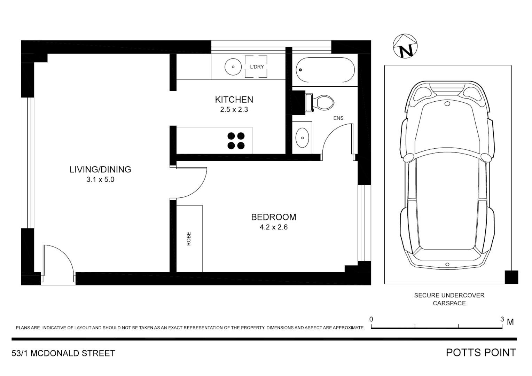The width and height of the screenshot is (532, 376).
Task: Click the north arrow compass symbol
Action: click(x=405, y=46)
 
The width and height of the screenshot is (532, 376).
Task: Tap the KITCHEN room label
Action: click(x=234, y=100)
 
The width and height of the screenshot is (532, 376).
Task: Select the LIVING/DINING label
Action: click(x=100, y=170)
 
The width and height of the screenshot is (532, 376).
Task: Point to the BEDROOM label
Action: click(x=274, y=217)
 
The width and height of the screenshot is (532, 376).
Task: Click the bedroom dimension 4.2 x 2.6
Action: click(x=274, y=227)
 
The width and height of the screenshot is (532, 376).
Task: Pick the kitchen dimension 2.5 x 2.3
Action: click(x=234, y=110)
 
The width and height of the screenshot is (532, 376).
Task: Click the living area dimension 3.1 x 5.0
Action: click(x=100, y=180)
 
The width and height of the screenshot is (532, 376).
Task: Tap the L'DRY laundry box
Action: click(x=256, y=67)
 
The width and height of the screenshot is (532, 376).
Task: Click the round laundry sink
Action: click(x=233, y=67)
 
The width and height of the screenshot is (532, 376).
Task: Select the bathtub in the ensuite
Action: click(x=325, y=70)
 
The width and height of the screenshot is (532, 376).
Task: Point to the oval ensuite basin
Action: click(x=302, y=138)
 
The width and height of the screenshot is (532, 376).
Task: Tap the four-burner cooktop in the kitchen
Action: click(x=236, y=141)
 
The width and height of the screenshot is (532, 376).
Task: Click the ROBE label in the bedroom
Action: click(x=189, y=239)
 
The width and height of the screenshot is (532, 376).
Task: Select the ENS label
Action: click(x=338, y=118)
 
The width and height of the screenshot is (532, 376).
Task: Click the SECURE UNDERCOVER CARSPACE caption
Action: click(x=449, y=299)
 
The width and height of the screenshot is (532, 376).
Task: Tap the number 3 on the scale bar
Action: click(x=502, y=319)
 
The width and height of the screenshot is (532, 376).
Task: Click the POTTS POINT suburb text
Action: click(x=481, y=353)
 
